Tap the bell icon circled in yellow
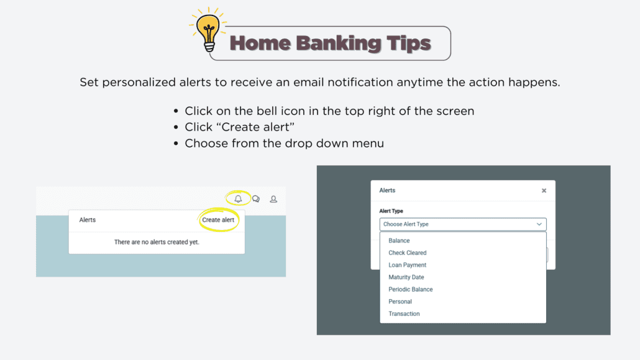click(238, 199)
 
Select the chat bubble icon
click(256, 199)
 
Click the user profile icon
click(273, 199)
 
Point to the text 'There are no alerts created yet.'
click(157, 242)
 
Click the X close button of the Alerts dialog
click(544, 191)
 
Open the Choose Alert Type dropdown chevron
click(539, 224)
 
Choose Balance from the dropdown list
click(399, 241)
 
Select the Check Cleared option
click(408, 253)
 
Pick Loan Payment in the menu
click(408, 265)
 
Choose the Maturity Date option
click(406, 277)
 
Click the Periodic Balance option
click(411, 289)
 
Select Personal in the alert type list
click(400, 302)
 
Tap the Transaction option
click(404, 314)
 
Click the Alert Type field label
click(391, 211)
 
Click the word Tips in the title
click(409, 44)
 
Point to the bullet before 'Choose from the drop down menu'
click(176, 144)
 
